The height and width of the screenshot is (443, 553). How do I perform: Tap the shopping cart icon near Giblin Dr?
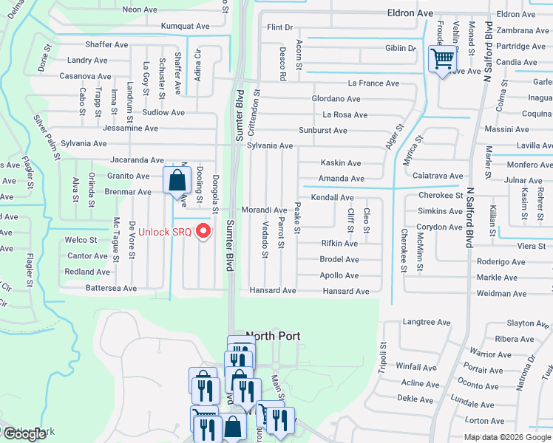point(442,58)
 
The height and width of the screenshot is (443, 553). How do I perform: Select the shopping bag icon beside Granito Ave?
point(177,179)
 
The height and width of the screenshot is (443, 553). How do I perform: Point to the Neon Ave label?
point(141,10)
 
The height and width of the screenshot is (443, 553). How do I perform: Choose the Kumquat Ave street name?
point(186,26)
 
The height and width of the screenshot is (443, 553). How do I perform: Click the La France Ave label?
point(373,83)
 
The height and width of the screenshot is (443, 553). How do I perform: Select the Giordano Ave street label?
point(336,99)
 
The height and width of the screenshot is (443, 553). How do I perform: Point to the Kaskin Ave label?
point(340,163)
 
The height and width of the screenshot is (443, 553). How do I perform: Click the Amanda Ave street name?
point(341,179)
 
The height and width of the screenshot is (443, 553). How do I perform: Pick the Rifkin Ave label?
point(339,244)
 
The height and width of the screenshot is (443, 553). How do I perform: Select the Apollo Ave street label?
point(339,275)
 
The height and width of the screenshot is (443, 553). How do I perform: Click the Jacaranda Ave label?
point(137,159)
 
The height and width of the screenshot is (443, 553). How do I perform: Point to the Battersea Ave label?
point(111,288)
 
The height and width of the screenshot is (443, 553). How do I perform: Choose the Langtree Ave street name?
point(426,323)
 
